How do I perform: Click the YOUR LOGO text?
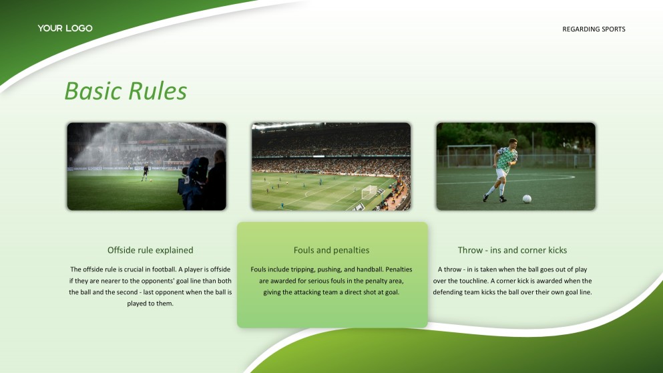click(x=65, y=28)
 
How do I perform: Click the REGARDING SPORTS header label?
click(x=594, y=29)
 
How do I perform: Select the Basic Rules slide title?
click(x=126, y=91)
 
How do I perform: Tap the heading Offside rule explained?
click(x=150, y=250)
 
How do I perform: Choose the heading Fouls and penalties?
click(x=331, y=250)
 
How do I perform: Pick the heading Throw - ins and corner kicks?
click(x=512, y=250)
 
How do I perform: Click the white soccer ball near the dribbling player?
click(x=527, y=199)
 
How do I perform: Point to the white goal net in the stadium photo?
click(x=369, y=193)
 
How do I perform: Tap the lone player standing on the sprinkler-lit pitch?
click(x=145, y=173)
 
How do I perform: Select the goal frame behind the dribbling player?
click(x=470, y=155)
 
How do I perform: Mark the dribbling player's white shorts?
click(x=501, y=174)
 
